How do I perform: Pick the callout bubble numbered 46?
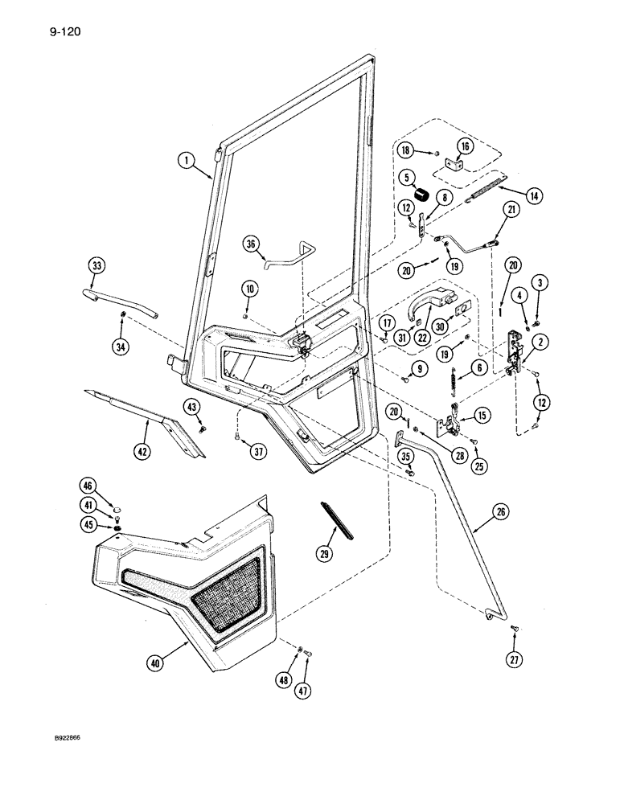coord(88,485)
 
